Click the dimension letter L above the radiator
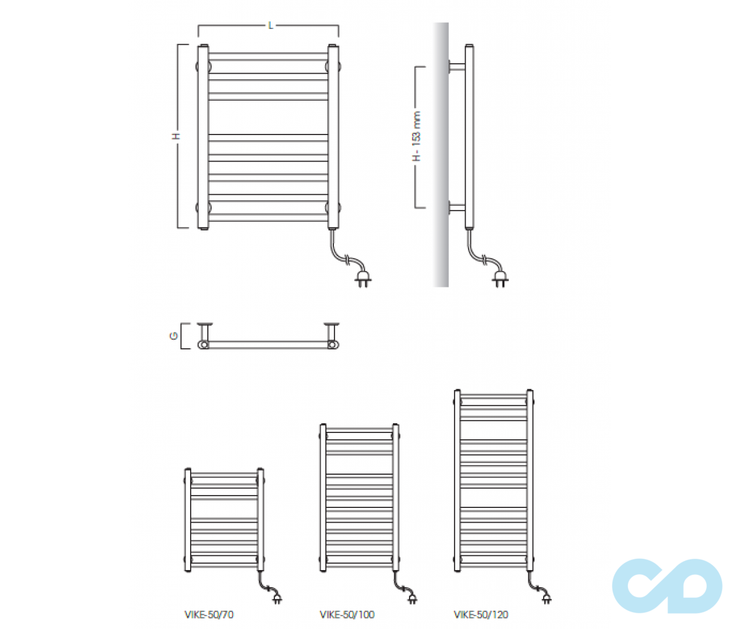point(271,26)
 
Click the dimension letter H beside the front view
point(176,136)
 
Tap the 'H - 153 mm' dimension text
point(417,136)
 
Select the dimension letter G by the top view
point(173,335)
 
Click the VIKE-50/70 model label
point(209,615)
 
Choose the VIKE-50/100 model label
point(347,615)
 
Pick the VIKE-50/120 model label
point(481,615)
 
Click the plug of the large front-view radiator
point(363,280)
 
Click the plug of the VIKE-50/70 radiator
point(277,599)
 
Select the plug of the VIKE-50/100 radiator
point(413,599)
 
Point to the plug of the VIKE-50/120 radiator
point(547,599)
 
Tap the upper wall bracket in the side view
point(456,67)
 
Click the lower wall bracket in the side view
point(456,208)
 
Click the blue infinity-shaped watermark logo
point(667,586)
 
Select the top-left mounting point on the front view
point(204,66)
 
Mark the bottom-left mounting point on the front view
point(204,208)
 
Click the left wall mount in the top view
point(205,333)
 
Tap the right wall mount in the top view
point(331,333)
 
